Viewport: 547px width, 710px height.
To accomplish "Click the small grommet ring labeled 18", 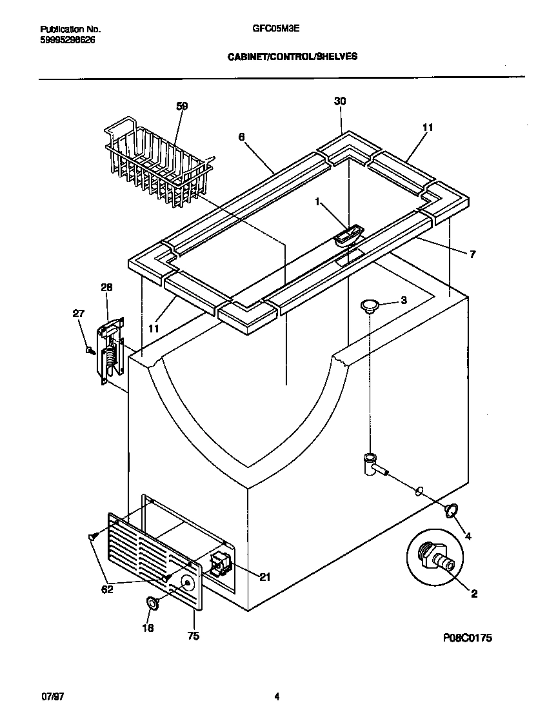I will click(152, 603).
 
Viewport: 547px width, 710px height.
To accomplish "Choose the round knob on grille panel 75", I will click(186, 583).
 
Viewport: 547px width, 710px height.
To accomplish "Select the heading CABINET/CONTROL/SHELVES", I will click(292, 57).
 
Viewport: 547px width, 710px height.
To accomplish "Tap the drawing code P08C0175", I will click(468, 638).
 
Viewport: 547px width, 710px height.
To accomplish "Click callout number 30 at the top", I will click(340, 101).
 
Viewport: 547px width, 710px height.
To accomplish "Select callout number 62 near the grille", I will click(107, 589).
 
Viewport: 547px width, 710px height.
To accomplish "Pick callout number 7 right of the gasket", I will click(472, 254).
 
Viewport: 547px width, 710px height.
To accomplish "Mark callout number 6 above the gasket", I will click(241, 137).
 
